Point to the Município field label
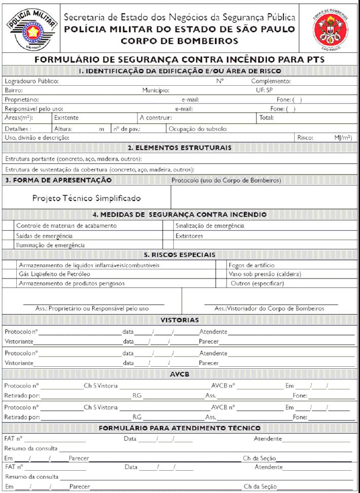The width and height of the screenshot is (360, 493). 156,90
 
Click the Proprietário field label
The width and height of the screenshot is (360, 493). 22,99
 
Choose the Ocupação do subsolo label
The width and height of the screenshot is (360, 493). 198,129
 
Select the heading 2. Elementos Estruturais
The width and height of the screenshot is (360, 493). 179,148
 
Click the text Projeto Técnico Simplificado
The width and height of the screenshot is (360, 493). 87,198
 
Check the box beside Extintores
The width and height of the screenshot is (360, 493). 168,236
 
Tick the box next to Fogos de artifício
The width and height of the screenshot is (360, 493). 223,265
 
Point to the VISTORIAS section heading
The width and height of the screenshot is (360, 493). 179,320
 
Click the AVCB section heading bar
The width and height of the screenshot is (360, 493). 179,374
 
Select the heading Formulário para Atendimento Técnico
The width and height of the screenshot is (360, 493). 179,428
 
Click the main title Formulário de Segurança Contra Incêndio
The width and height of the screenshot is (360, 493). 179,59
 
